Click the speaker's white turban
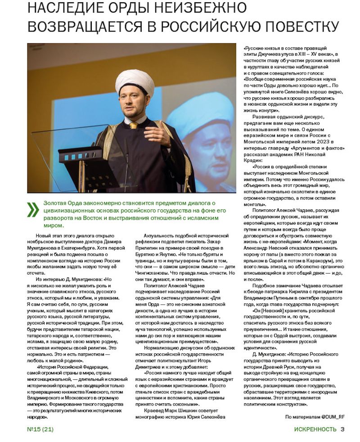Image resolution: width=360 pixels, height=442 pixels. pyautogui.click(x=135, y=81)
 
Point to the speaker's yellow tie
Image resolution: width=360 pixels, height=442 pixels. pyautogui.click(x=134, y=126)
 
